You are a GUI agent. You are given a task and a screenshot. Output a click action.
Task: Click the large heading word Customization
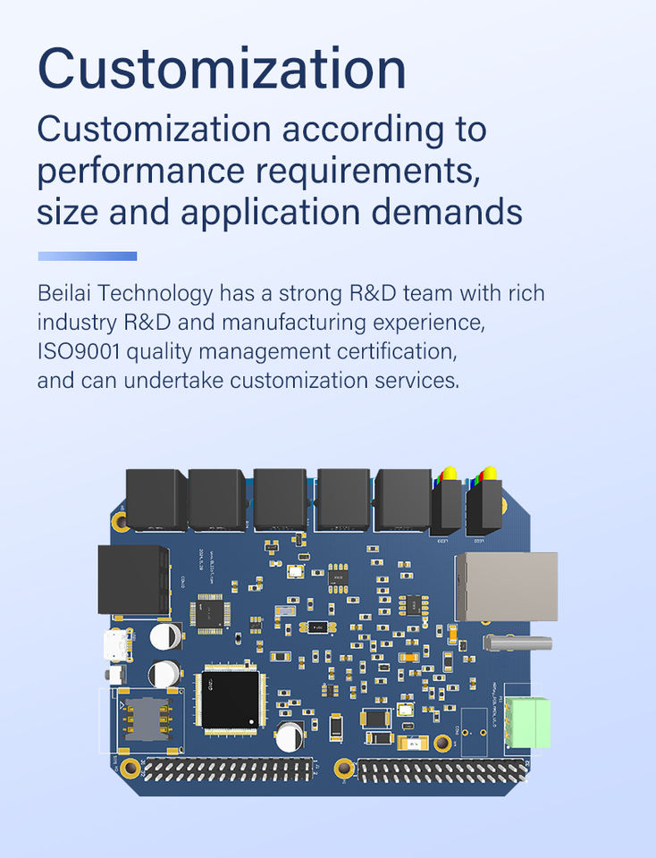(222, 69)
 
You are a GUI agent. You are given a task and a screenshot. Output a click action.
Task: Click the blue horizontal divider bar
(88, 257)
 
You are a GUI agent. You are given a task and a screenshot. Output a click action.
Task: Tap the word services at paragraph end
(421, 380)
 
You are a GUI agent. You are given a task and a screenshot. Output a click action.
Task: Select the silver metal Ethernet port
(506, 585)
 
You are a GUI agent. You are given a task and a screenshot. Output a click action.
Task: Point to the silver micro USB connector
(116, 643)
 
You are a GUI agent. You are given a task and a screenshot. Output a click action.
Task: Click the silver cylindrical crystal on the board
(519, 642)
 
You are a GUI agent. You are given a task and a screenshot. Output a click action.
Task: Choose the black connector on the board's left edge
(133, 580)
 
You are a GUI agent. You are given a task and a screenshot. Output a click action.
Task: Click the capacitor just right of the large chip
(290, 736)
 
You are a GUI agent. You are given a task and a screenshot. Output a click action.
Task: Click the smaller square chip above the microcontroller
(210, 613)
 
